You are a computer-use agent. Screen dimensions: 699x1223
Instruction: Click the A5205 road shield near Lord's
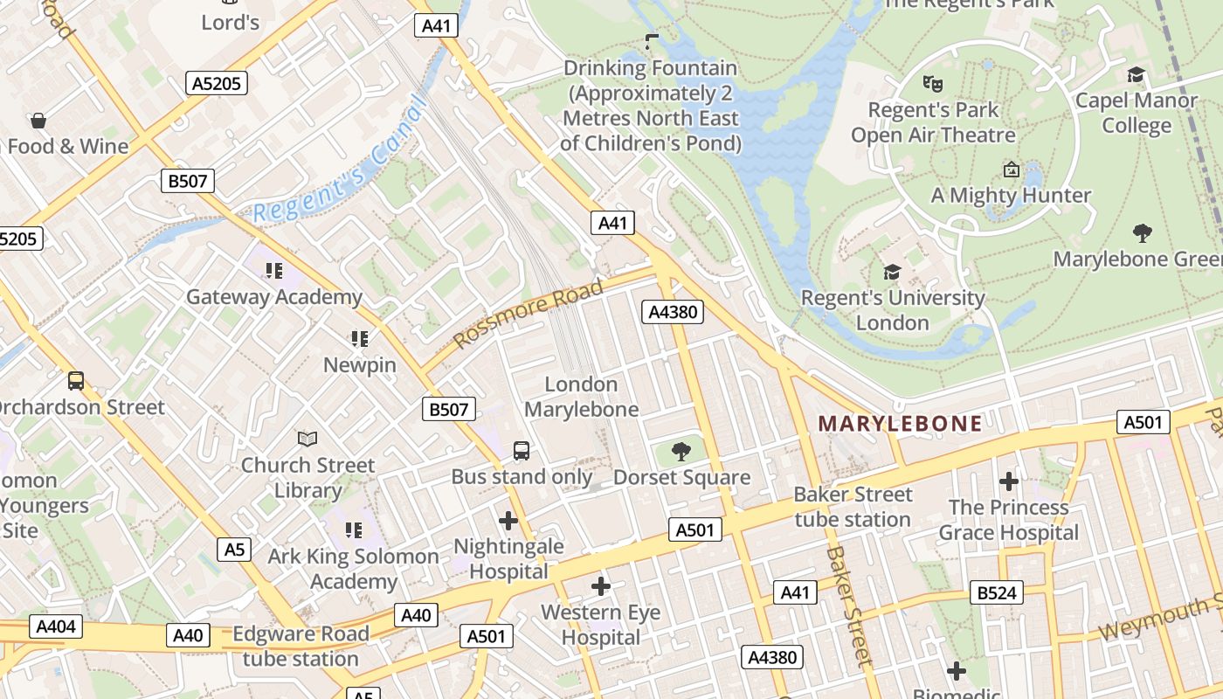(x=217, y=83)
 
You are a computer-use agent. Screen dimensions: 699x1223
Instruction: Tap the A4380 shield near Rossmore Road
(x=673, y=312)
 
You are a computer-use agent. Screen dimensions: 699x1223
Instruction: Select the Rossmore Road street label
(x=529, y=312)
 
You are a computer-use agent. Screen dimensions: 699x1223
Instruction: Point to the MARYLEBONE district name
(x=900, y=425)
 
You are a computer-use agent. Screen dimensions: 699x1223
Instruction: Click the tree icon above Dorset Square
(x=681, y=451)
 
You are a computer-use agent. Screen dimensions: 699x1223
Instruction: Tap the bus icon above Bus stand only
(x=522, y=451)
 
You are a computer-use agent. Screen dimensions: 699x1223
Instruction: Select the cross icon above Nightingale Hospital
(x=508, y=521)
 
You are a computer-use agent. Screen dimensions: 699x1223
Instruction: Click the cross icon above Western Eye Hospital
(x=601, y=586)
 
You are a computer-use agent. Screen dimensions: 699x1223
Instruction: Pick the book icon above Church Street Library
(x=307, y=439)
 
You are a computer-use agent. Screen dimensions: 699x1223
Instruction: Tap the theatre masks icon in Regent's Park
(x=933, y=84)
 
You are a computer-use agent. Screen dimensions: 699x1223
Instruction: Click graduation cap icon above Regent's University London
(x=892, y=272)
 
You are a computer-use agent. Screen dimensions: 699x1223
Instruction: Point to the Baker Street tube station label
(x=852, y=507)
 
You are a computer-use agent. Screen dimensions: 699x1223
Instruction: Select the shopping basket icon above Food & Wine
(x=38, y=120)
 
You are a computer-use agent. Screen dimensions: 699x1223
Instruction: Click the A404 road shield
(x=57, y=626)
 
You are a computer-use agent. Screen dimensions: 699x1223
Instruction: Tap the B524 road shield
(x=996, y=593)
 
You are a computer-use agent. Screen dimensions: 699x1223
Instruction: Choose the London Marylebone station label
(x=581, y=396)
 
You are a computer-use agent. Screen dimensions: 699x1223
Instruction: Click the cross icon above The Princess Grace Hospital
(x=1009, y=481)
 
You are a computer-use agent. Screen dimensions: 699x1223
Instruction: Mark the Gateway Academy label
(x=273, y=296)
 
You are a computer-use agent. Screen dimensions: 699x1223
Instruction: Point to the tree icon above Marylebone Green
(x=1142, y=232)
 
